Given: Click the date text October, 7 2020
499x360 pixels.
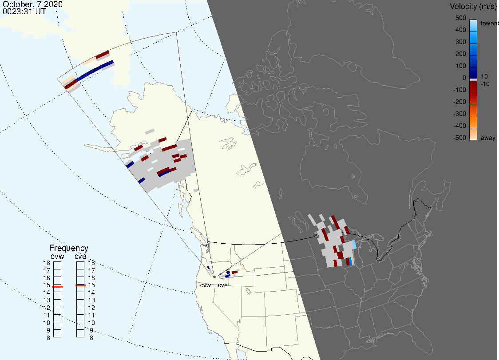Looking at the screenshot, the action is click(32, 4).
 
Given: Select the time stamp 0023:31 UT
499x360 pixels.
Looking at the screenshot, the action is click(24, 12).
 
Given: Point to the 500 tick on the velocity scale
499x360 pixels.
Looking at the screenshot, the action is click(460, 18).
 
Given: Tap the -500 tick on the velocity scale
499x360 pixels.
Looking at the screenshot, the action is click(459, 138).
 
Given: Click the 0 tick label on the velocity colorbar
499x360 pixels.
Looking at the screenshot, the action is click(464, 78).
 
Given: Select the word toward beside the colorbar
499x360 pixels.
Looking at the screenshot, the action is click(489, 23).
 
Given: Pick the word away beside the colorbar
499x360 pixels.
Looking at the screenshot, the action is click(488, 138).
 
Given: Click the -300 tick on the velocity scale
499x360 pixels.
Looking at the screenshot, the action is click(459, 114).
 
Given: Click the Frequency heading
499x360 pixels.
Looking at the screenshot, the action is click(69, 248).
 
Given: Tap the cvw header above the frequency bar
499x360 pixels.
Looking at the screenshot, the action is click(57, 257).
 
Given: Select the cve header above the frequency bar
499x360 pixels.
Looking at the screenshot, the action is click(80, 257).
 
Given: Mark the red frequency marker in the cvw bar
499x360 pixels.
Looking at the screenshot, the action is click(57, 287).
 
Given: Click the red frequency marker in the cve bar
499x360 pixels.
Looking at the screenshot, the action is click(80, 285).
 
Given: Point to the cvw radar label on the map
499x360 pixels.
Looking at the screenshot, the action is click(206, 285).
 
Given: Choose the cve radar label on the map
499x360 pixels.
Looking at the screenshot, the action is click(223, 285).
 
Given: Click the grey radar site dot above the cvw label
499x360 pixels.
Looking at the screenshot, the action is click(214, 277).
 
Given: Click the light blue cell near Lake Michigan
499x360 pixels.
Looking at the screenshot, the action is click(354, 245).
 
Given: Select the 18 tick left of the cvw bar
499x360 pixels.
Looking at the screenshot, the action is click(47, 263).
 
